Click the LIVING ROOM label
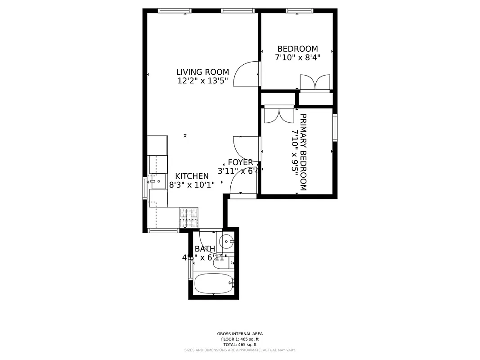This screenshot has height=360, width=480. pyautogui.click(x=202, y=72)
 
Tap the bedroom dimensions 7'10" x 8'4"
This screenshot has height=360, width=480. pyautogui.click(x=297, y=58)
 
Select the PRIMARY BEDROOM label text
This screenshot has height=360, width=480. pyautogui.click(x=303, y=152)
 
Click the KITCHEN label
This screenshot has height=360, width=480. pyautogui.click(x=192, y=176)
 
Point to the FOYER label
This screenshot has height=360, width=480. pyautogui.click(x=240, y=162)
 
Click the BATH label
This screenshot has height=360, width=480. pyautogui.click(x=205, y=249)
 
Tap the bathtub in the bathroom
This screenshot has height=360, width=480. pyautogui.click(x=214, y=283)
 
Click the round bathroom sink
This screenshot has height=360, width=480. pyautogui.click(x=226, y=242)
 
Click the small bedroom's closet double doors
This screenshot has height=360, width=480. pyautogui.click(x=315, y=83)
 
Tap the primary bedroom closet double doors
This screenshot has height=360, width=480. pyautogui.click(x=278, y=115)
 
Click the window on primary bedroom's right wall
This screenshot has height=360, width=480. pyautogui.click(x=335, y=128)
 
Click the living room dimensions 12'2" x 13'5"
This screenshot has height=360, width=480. pyautogui.click(x=202, y=81)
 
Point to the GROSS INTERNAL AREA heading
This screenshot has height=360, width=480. pyautogui.click(x=240, y=334)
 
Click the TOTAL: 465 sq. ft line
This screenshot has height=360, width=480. pyautogui.click(x=240, y=344)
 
